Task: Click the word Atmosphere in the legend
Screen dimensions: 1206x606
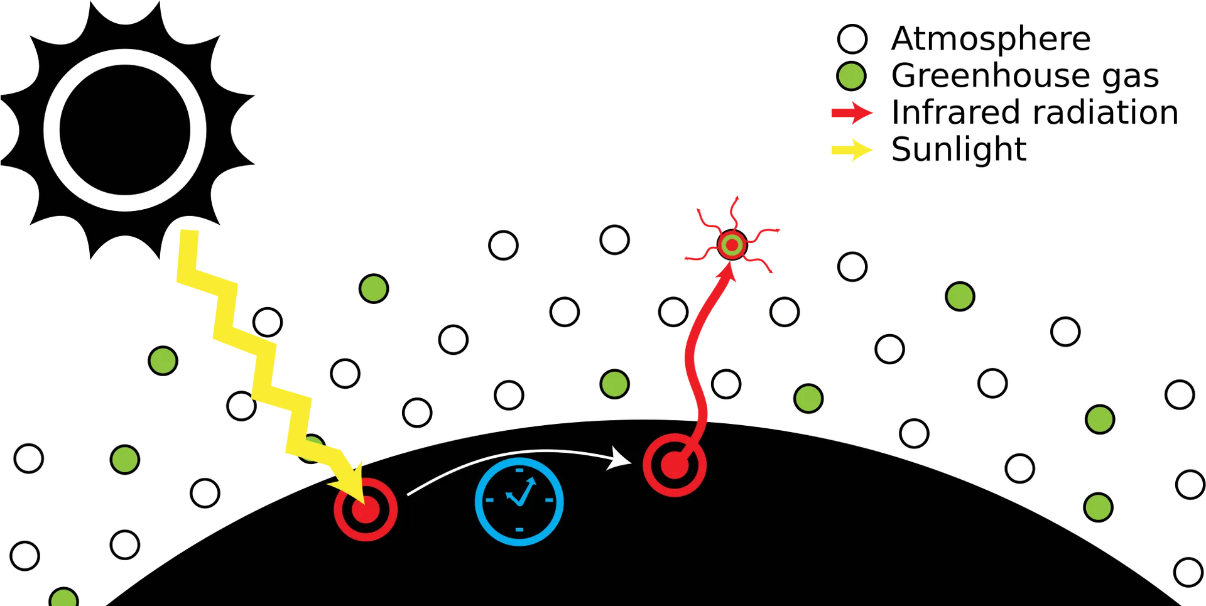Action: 991,39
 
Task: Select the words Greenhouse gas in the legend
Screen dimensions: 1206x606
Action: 1025,76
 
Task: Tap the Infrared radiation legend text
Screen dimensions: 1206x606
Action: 1035,112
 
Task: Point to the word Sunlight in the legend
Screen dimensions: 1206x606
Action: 959,149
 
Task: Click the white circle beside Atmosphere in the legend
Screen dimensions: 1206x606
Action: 852,39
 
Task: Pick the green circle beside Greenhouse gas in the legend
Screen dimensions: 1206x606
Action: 852,76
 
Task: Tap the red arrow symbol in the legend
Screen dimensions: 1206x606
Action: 852,113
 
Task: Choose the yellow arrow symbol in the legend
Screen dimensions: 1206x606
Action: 852,149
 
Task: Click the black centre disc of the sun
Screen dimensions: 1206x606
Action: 125,130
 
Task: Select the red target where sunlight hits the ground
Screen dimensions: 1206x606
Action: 366,510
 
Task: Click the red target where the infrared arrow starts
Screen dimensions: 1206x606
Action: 675,465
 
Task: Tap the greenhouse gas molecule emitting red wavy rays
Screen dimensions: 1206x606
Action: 732,245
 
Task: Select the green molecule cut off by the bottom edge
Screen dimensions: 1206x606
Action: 64,597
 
